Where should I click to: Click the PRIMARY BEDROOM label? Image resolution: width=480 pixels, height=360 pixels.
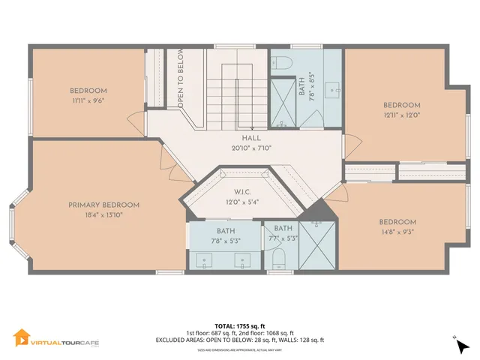pos(104,205)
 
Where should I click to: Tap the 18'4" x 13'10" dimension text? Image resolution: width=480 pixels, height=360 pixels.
pos(104,214)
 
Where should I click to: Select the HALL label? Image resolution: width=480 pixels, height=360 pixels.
pos(251,139)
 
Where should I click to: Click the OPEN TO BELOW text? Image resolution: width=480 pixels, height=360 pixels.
pos(181,79)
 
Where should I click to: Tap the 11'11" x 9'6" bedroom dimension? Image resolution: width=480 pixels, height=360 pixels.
pos(87,100)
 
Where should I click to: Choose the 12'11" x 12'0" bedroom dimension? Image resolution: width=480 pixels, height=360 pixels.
pos(402,115)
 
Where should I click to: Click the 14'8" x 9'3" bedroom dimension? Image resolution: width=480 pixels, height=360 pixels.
pos(397,232)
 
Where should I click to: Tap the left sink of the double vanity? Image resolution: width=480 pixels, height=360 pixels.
pos(205,261)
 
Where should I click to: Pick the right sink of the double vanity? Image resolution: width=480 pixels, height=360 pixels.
pos(243,261)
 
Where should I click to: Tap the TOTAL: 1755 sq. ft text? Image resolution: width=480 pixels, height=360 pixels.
pos(240,326)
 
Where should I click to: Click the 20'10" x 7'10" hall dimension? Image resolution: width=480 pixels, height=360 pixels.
pos(251,148)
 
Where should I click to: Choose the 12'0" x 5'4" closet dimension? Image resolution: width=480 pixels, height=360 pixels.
pos(241,201)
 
